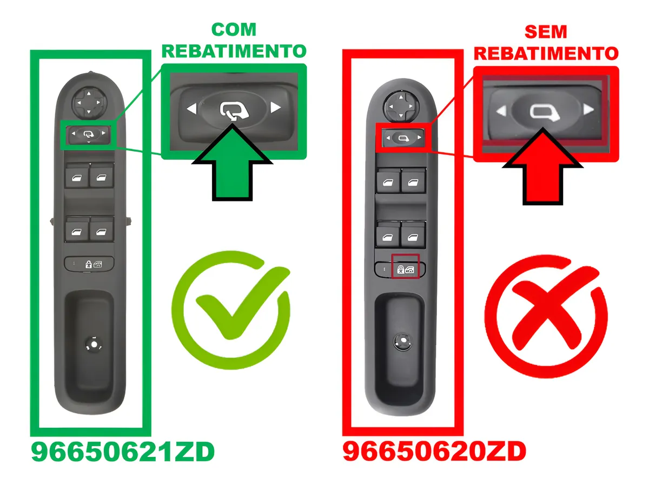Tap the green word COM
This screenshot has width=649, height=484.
(234, 30)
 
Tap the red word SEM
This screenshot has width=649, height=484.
(546, 32)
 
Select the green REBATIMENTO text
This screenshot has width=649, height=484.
(234, 51)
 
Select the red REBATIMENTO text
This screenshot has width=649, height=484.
(546, 54)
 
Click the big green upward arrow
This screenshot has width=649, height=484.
(232, 167)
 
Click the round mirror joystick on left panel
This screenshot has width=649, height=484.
(89, 102)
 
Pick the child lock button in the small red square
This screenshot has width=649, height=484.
(401, 269)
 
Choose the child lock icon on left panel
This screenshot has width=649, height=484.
(88, 265)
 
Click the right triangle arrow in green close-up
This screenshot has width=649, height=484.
(275, 108)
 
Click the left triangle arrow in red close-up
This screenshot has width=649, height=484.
(501, 111)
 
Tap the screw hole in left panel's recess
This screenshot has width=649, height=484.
(94, 344)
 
